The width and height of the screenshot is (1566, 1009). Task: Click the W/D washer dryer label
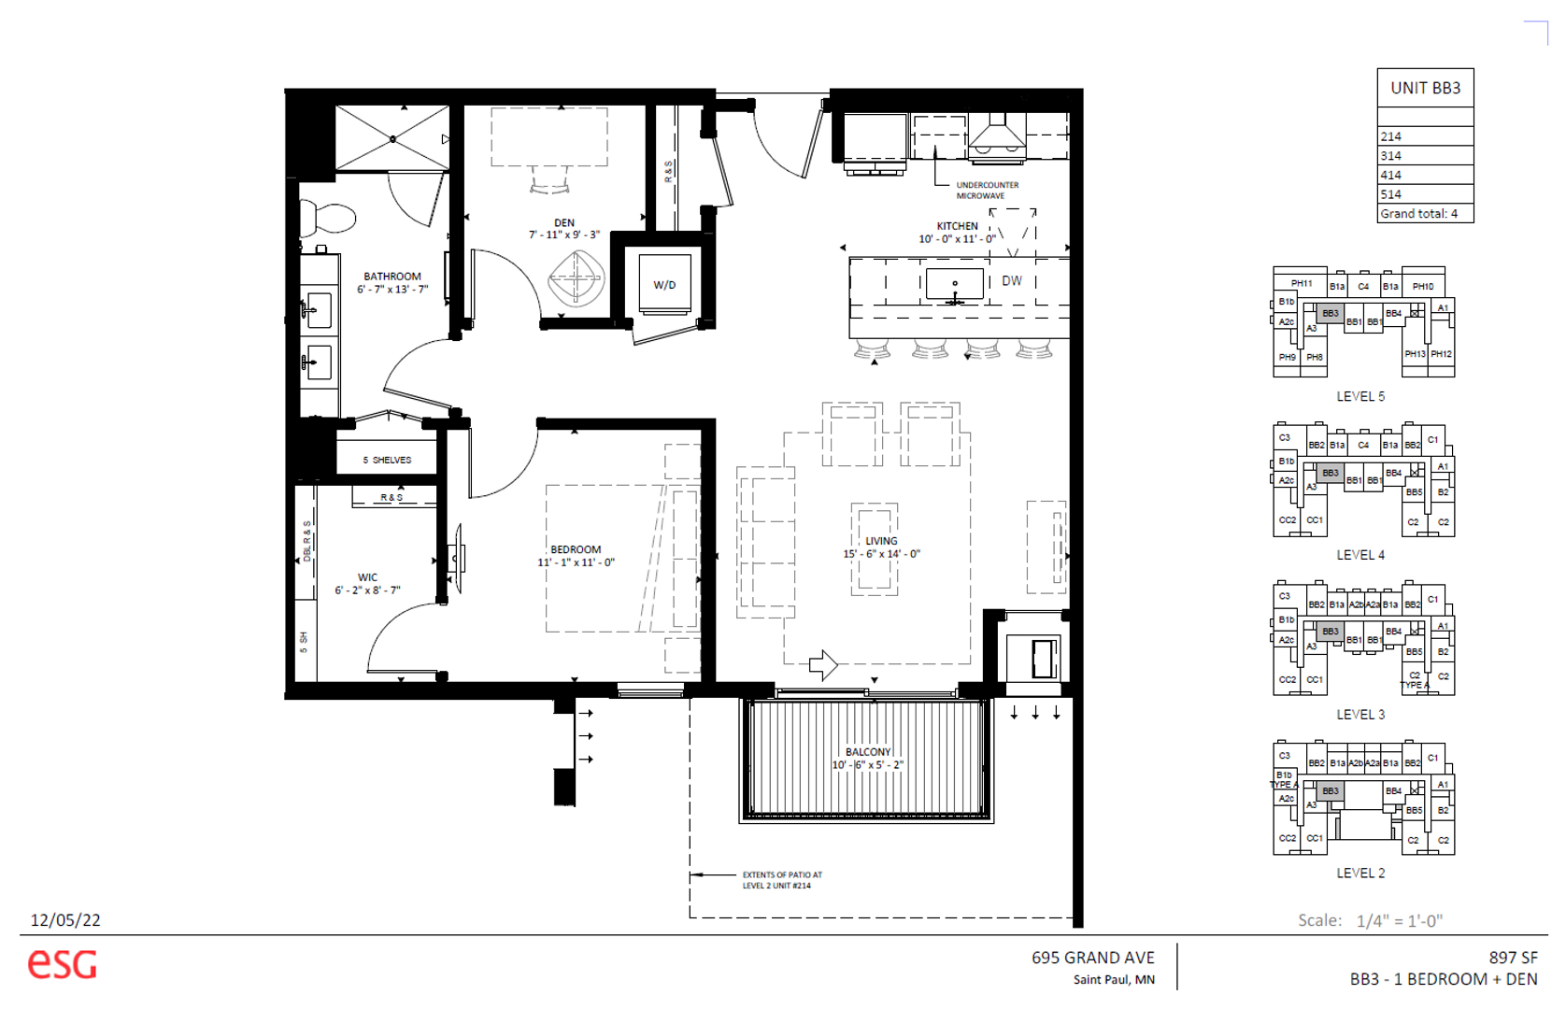click(x=664, y=285)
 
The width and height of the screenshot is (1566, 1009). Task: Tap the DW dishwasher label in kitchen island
click(x=1012, y=280)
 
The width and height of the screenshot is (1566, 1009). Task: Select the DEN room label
click(x=564, y=223)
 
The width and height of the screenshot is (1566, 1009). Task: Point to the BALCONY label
click(x=868, y=752)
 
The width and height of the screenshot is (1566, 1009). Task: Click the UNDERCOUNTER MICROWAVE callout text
click(x=987, y=191)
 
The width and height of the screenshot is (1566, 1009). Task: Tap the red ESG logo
click(x=62, y=963)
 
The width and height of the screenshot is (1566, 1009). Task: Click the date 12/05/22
click(x=65, y=920)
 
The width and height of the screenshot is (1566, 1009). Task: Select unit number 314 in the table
click(x=1391, y=156)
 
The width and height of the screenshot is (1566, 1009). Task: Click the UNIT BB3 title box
click(x=1425, y=88)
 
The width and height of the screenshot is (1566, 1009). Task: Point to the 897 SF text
click(x=1513, y=958)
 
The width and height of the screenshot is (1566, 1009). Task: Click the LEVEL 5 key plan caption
click(x=1360, y=396)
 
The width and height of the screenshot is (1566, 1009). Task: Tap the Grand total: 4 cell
click(x=1418, y=214)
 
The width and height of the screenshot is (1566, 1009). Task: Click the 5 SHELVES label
click(x=387, y=460)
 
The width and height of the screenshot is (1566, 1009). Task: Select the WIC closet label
click(x=367, y=577)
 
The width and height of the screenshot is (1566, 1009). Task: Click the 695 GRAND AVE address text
click(x=1092, y=958)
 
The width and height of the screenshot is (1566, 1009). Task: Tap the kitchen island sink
click(x=954, y=284)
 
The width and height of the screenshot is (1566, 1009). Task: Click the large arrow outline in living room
click(x=823, y=664)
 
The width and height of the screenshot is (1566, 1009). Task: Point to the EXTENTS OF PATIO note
click(x=781, y=880)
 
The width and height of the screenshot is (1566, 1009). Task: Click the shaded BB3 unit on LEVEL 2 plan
click(x=1330, y=790)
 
